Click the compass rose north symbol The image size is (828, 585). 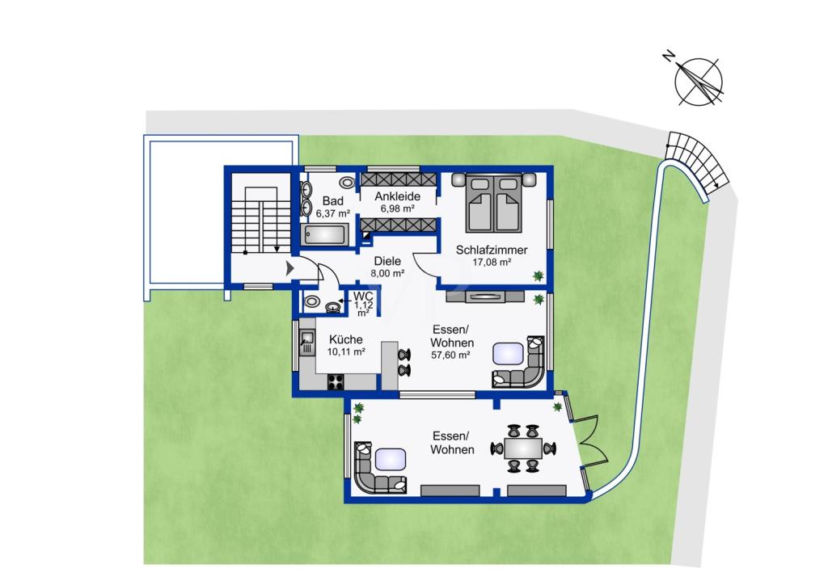pyautogui.click(x=699, y=82)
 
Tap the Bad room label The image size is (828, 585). pyautogui.click(x=332, y=201)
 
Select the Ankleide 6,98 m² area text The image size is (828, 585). pyautogui.click(x=398, y=208)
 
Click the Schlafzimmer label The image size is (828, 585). pyautogui.click(x=492, y=250)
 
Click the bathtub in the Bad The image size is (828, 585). pyautogui.click(x=326, y=234)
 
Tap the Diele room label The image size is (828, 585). pyautogui.click(x=387, y=261)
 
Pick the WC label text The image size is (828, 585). pyautogui.click(x=363, y=297)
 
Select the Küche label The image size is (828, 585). pyautogui.click(x=346, y=339)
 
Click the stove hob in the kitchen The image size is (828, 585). pyautogui.click(x=336, y=381)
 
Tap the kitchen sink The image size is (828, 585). pyautogui.click(x=306, y=343)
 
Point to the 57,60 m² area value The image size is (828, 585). pyautogui.click(x=450, y=355)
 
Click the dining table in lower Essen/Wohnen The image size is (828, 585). pyautogui.click(x=523, y=448)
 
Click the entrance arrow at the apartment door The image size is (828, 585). pyautogui.click(x=289, y=268)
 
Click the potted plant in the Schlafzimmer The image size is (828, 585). pyautogui.click(x=538, y=275)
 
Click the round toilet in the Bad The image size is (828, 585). pyautogui.click(x=347, y=183)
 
